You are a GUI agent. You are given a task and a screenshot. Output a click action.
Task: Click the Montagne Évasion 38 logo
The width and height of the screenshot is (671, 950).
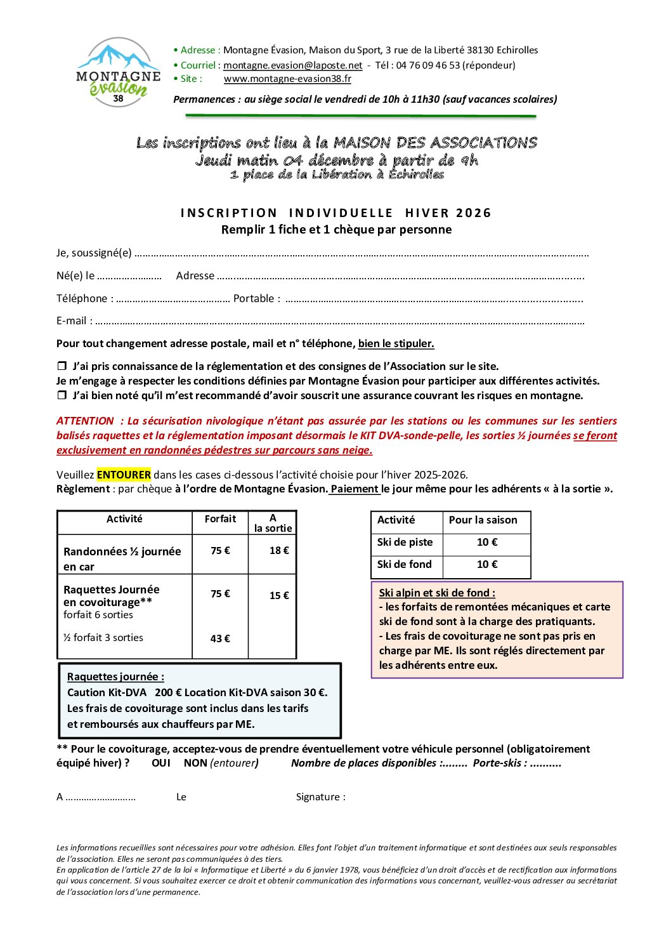coord(118,72)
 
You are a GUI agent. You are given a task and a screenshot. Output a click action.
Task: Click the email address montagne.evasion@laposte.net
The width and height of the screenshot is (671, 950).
coord(292,65)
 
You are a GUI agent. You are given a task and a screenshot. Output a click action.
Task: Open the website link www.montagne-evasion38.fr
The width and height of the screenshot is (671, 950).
coord(287,79)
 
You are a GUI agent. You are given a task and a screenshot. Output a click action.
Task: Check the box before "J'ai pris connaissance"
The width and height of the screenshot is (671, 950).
coord(62,366)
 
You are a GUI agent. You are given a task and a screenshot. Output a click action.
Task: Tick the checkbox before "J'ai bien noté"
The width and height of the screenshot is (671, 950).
coord(62,395)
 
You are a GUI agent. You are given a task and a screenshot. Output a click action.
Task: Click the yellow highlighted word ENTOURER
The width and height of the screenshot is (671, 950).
coord(124,475)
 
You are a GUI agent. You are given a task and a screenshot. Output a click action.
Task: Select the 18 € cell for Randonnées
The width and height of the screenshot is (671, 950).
coord(278,550)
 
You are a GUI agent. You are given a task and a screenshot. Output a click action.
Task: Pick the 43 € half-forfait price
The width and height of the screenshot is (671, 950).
coord(220,638)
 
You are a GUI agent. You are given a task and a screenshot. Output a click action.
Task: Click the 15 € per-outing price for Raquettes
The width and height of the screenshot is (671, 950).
coord(278,595)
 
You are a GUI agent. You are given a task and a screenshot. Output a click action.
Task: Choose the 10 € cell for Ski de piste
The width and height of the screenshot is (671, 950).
coord(486,542)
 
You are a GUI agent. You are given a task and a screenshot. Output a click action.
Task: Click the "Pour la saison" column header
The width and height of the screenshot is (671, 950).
coord(483,520)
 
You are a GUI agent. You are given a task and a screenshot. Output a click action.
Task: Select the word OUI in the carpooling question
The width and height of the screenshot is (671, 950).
coord(161,763)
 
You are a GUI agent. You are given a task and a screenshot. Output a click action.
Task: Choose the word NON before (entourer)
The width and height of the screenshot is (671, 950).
coord(195,763)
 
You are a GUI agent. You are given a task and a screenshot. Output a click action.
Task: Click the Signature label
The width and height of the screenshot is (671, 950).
coord(320,797)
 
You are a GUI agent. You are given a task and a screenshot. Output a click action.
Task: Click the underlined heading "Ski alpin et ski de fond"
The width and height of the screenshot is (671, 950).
coord(436,593)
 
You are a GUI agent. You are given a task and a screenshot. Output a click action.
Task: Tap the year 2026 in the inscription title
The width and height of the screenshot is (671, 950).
coord(473,213)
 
